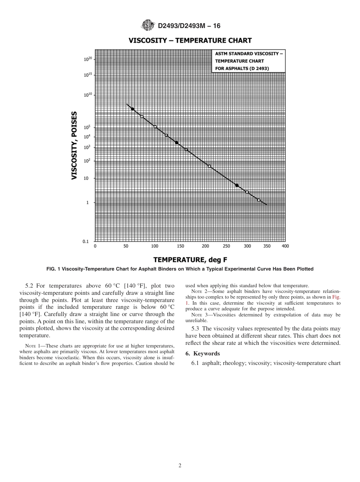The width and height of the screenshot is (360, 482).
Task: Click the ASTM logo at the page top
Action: coord(148,25)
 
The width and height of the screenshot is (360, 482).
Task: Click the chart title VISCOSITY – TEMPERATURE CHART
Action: coord(190,41)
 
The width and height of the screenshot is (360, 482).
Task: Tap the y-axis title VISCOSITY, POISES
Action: coord(75,145)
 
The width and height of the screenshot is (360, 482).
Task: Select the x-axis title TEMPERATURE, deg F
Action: coord(190,260)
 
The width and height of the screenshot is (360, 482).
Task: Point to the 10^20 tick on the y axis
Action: coord(88,59)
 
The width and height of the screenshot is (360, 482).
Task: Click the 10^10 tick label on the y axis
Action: coord(88,95)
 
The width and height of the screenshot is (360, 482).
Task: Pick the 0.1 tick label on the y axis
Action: coord(86,241)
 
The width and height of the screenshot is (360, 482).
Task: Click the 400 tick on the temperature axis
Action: coord(285,246)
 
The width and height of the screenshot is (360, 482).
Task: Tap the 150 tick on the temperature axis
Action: coord(180,246)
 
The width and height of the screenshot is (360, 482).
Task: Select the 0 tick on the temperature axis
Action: coord(95,246)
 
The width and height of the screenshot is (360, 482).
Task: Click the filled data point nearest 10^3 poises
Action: coord(177,142)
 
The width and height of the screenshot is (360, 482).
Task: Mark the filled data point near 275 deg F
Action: coord(237,185)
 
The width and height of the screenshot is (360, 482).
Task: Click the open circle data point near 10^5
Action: coord(155,127)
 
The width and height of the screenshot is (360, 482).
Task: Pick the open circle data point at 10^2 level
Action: coord(209,166)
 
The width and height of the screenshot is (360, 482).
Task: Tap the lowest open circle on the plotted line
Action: coord(259,200)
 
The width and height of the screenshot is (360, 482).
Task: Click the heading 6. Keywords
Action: coord(202,354)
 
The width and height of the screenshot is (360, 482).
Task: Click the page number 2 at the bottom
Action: coord(180,466)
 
